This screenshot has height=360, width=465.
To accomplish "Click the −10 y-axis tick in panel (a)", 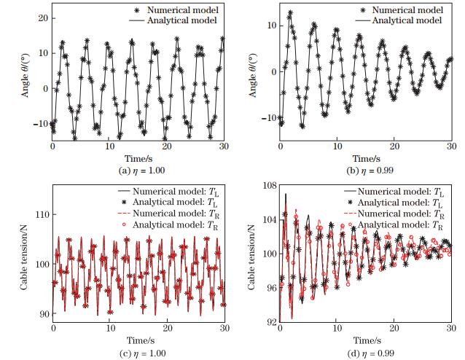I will tap(36, 123).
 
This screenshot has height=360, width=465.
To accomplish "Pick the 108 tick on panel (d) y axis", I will tap(268, 187).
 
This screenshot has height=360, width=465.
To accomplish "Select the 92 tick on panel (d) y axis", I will tap(270, 321).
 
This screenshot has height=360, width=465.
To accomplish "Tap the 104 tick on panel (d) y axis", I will tap(268, 220).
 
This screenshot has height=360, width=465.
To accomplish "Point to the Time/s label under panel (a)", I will tap(138, 157).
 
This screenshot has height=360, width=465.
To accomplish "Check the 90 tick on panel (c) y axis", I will tap(41, 314).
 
